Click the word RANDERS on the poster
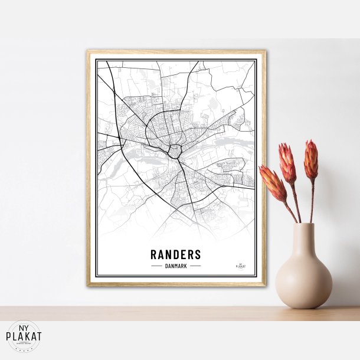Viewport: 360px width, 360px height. tap(176, 254)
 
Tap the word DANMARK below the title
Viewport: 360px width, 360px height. tap(176, 266)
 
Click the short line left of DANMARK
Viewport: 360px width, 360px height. tap(156, 266)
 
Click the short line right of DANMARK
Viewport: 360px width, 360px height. tap(195, 266)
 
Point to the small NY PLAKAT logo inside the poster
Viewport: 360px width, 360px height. tap(240, 265)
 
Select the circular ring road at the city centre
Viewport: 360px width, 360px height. tap(175, 150)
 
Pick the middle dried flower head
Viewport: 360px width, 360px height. tap(287, 163)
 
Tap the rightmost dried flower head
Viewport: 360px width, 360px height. tap(311, 159)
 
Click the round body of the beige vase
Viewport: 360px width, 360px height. tap(303, 281)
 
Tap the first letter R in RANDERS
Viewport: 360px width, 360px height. tap(154, 254)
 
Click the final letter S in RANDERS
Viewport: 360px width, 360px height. tap(198, 254)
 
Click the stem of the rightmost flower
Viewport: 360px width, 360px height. tap(312, 201)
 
